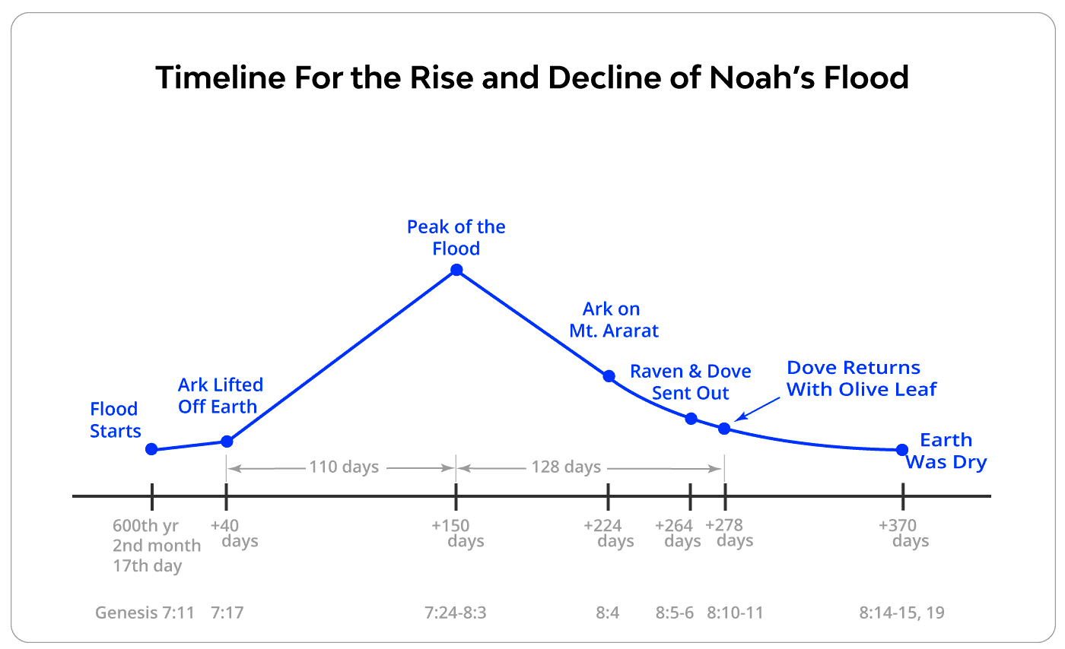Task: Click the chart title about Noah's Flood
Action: point(532,78)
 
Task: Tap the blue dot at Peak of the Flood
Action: point(456,270)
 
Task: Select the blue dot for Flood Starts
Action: point(151,449)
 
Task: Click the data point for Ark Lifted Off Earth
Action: point(226,442)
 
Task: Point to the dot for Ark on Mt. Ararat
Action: point(609,376)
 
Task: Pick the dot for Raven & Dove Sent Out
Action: point(691,419)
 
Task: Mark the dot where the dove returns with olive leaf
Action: point(724,429)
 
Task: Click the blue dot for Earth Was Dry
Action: point(902,450)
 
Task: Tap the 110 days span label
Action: point(343,467)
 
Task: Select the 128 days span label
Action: point(566,467)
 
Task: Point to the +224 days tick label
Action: point(609,533)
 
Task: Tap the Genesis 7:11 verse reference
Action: point(148,613)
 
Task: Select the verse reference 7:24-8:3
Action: point(456,613)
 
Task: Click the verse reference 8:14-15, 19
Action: point(901,613)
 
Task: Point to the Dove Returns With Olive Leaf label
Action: point(861,378)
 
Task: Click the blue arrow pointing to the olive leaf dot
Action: point(752,411)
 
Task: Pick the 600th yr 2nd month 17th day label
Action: point(156,546)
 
